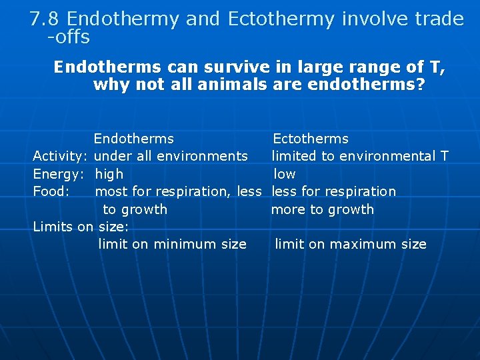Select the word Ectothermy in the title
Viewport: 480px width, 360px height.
[280, 19]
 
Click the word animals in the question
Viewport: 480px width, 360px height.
[223, 85]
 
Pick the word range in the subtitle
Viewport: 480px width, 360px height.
[363, 67]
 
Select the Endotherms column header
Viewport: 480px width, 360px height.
[133, 139]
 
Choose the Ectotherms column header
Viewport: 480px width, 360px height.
[311, 139]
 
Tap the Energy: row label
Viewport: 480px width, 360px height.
[59, 174]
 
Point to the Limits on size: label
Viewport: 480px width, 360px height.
[81, 227]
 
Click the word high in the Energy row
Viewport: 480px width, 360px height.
[109, 174]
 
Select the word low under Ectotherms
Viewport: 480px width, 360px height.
[285, 174]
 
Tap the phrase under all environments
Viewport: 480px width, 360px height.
[171, 156]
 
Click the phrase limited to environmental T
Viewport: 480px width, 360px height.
[360, 156]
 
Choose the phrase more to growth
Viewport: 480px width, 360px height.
[322, 209]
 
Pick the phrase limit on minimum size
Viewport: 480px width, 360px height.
[172, 244]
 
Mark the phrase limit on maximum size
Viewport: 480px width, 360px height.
[351, 244]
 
